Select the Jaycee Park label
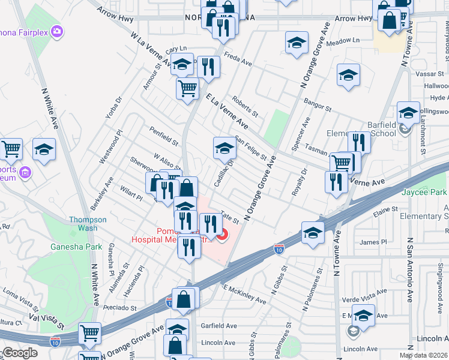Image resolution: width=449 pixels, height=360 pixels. (x=427, y=193)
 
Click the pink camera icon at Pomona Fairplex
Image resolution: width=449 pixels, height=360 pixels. (x=58, y=31)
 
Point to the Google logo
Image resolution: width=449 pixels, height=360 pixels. (x=19, y=353)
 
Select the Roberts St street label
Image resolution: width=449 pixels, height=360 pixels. (x=245, y=108)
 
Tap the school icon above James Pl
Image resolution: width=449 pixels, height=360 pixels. (x=313, y=233)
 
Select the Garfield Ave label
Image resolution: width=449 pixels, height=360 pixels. (x=219, y=326)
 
